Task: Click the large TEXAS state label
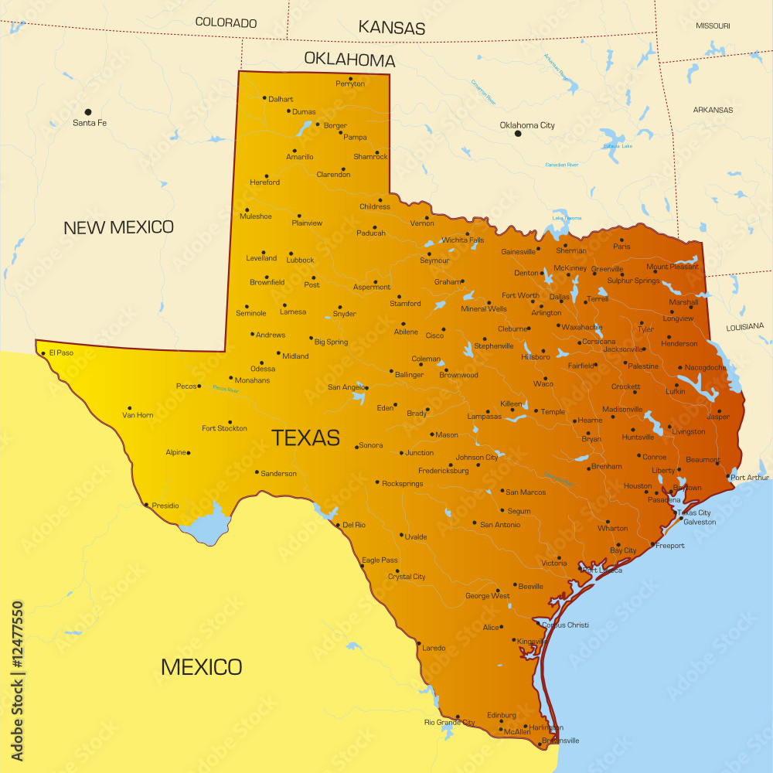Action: point(305,438)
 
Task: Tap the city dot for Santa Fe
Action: point(88,112)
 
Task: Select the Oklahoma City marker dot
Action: point(518,134)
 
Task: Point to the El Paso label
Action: point(61,352)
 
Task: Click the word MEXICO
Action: point(201,666)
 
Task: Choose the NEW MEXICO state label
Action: point(118,227)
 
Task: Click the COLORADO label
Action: point(226,22)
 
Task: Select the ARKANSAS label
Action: point(713,110)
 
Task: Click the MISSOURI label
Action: point(713,26)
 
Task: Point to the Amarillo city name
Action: point(300,157)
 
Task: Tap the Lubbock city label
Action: point(300,261)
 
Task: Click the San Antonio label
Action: point(500,525)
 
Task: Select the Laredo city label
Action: point(434,648)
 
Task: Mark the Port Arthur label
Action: point(750,477)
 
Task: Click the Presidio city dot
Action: point(146,505)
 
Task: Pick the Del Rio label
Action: point(353,525)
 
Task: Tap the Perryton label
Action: point(349,83)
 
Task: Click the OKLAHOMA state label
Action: point(349,60)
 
